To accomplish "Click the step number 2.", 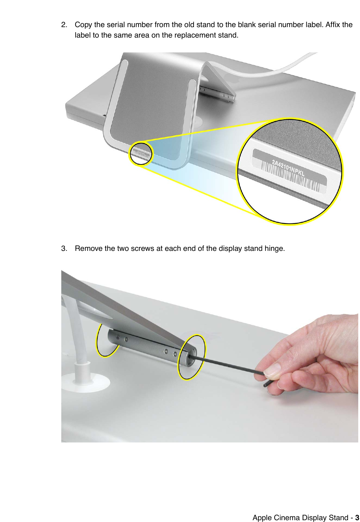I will click(x=64, y=25).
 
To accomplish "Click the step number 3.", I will click(x=64, y=249).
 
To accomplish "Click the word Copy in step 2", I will click(x=83, y=25).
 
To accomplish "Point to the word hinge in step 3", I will click(x=274, y=249).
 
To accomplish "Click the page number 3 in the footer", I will click(x=357, y=518).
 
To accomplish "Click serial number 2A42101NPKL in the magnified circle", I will click(x=288, y=168).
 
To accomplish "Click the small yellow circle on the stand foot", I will click(x=141, y=153).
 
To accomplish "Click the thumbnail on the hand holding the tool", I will click(x=272, y=369).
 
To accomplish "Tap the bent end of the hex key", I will click(x=267, y=384).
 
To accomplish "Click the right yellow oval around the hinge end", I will click(x=191, y=357).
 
